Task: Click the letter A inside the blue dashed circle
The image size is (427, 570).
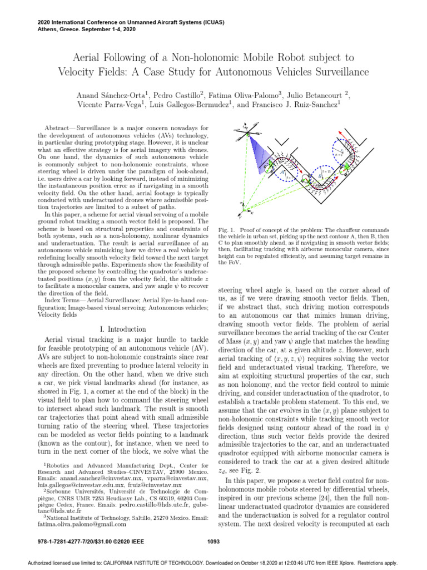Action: [283, 173]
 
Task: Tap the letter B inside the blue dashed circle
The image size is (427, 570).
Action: [321, 174]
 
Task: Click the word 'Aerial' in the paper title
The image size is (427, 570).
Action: [90, 57]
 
